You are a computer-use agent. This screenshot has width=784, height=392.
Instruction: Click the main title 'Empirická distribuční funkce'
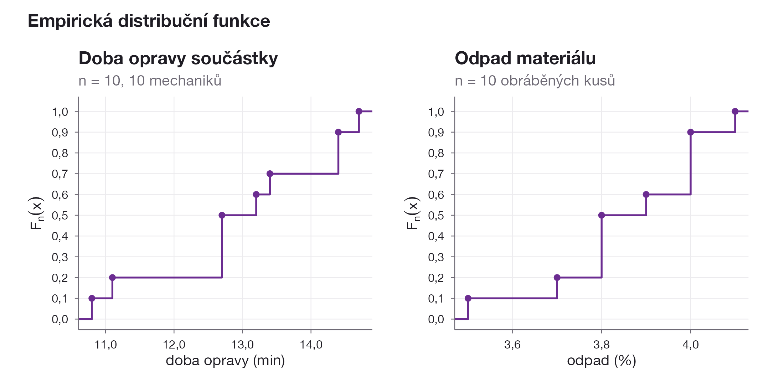coord(149,21)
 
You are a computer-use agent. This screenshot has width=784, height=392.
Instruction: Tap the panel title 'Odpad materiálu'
coord(525,58)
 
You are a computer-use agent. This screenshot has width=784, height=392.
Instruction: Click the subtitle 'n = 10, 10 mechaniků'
coord(150,81)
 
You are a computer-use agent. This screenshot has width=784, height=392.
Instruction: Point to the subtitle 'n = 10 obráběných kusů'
coord(535,81)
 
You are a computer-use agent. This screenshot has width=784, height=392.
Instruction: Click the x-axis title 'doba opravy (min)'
coord(225,361)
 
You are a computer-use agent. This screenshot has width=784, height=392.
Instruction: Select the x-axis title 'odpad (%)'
coord(602,361)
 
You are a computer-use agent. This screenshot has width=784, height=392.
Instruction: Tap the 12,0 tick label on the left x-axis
coord(174,345)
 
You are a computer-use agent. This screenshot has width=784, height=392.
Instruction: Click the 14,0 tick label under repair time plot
coord(311,345)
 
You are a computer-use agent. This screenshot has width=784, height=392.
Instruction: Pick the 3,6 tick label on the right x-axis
coord(512,345)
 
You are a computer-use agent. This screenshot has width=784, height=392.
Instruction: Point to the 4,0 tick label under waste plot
coord(691,345)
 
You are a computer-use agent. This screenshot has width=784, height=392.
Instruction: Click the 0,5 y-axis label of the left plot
coord(60,216)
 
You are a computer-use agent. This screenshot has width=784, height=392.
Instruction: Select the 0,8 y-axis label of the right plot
coord(436,153)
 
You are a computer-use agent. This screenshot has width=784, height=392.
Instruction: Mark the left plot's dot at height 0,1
coord(92,298)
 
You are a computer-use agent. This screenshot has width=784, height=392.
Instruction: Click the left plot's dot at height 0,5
coord(222,215)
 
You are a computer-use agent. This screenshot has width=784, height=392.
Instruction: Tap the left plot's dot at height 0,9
coord(339,132)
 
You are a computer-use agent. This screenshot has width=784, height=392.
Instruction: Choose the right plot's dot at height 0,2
coord(557,278)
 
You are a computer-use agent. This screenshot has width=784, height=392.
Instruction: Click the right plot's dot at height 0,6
coord(646,195)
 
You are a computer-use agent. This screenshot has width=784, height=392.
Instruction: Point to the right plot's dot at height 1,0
coord(735,112)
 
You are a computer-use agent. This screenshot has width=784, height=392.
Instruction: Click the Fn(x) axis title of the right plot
coord(413,213)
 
